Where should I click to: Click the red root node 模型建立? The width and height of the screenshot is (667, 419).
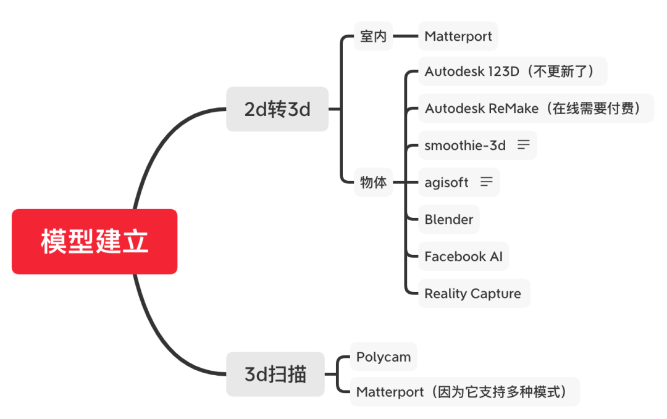94,241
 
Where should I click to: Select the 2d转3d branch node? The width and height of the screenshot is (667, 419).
277,109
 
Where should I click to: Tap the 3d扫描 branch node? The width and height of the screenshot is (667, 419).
275,374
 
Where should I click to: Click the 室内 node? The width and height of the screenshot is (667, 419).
374,36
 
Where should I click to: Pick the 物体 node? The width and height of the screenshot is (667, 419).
374,182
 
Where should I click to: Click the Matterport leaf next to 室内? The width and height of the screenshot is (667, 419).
458,36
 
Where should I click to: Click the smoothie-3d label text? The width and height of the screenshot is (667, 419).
465,146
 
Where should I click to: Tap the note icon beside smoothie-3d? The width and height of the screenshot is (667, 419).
524,145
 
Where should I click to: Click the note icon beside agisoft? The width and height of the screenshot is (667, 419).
487,182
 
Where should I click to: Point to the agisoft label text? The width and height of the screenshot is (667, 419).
447,183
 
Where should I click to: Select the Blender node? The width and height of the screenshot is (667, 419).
449,220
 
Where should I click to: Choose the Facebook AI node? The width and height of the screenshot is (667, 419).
463,257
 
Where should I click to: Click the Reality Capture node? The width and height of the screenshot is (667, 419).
473,294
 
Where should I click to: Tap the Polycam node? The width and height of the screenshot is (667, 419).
384,357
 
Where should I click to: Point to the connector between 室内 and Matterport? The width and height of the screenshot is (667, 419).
406,36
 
